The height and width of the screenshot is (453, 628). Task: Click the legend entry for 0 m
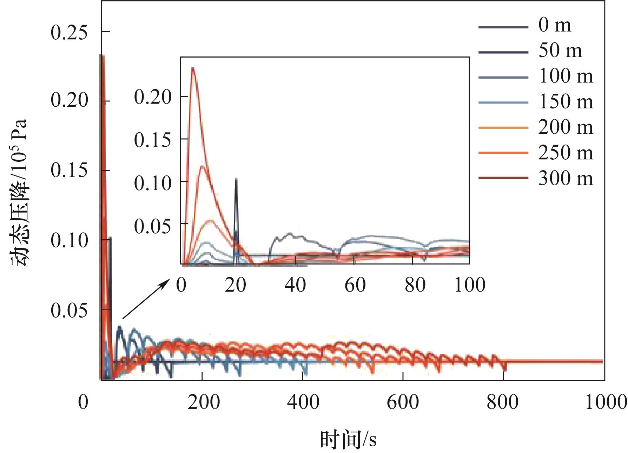[555, 25]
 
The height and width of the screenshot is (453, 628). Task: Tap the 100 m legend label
[566, 76]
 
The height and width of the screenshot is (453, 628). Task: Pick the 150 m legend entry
[566, 102]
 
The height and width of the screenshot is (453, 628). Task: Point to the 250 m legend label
[566, 153]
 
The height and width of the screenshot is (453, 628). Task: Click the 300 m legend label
[566, 178]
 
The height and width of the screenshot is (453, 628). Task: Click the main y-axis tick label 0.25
[69, 33]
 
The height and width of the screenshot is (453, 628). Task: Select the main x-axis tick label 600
[403, 402]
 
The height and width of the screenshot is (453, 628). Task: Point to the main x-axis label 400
[303, 402]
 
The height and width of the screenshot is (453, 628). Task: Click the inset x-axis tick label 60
[355, 285]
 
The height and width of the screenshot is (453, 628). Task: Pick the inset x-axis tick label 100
[470, 285]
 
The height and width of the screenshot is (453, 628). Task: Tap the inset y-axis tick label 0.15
[153, 140]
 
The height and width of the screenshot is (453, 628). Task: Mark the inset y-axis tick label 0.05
[153, 226]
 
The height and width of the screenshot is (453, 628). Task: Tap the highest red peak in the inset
[193, 68]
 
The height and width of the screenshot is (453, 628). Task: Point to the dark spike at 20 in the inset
[236, 180]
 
